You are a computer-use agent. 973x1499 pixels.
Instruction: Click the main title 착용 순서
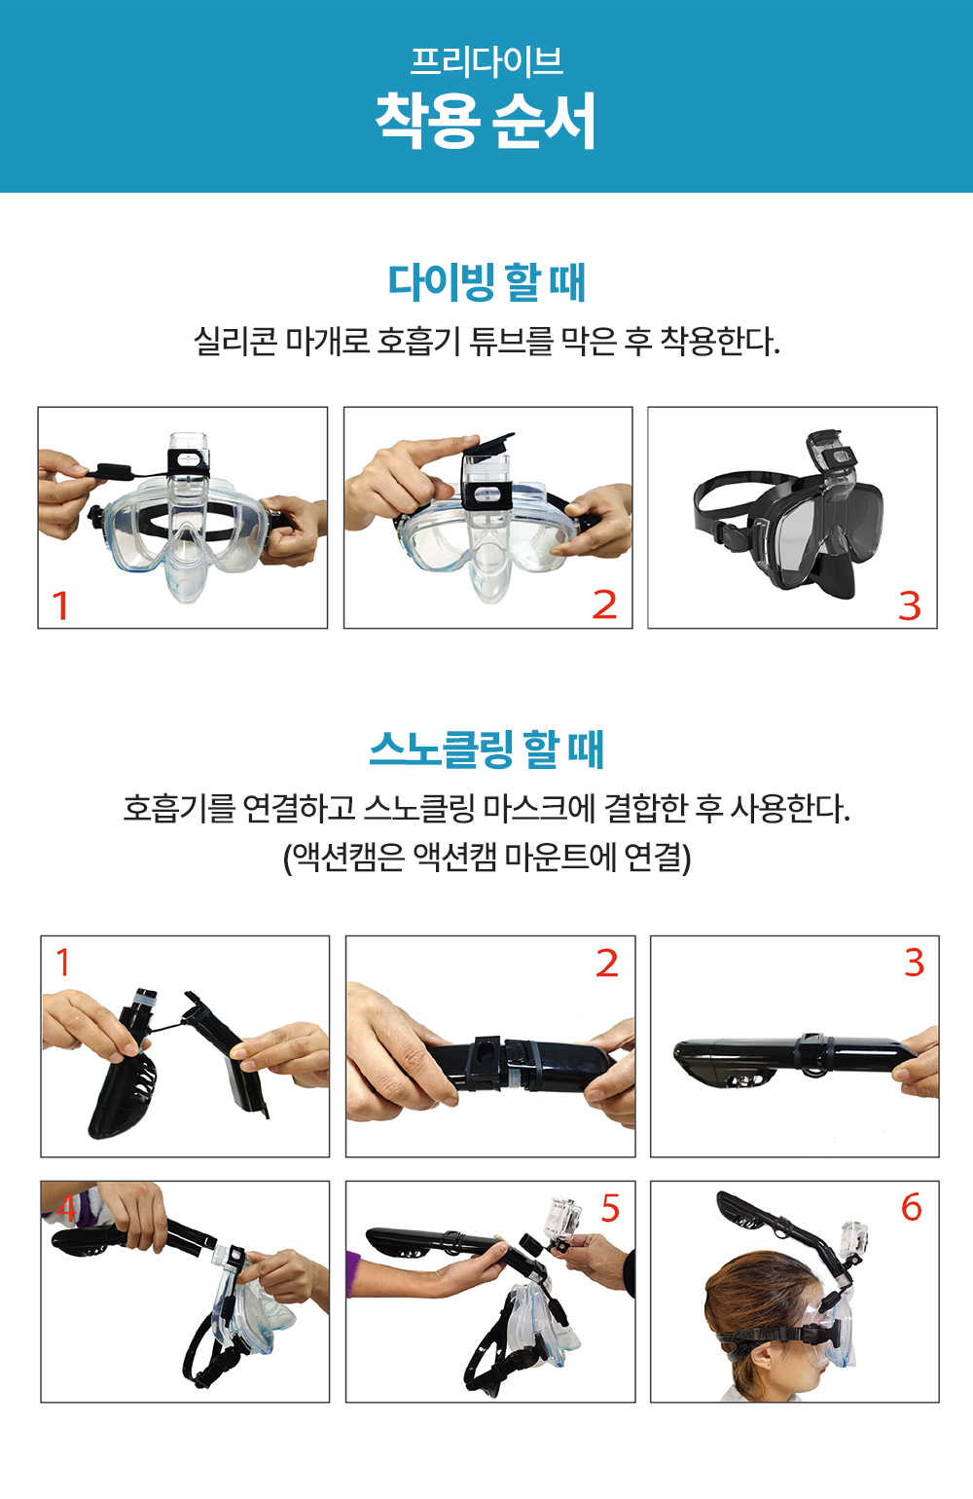[486, 121]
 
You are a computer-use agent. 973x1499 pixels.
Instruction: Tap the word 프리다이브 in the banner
[486, 61]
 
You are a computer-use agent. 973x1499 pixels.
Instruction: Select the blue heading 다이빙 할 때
[486, 282]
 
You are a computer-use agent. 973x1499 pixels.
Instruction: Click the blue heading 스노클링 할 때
[486, 749]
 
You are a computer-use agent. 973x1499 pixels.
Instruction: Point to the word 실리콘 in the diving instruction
[234, 341]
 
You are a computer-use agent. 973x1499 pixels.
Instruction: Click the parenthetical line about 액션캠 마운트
[486, 858]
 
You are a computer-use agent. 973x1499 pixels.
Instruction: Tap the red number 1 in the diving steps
[60, 605]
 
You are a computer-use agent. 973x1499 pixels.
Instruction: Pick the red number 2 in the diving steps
[604, 605]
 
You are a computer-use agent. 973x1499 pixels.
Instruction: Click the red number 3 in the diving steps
[910, 606]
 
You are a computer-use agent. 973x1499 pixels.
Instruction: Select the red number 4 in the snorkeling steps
[66, 1209]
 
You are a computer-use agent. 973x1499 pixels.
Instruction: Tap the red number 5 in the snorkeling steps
[610, 1209]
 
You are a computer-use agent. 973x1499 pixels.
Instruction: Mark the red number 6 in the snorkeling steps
[912, 1208]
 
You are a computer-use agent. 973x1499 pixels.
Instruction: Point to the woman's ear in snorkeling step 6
[760, 1359]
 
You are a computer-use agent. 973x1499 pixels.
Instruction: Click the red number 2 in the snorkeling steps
[607, 964]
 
